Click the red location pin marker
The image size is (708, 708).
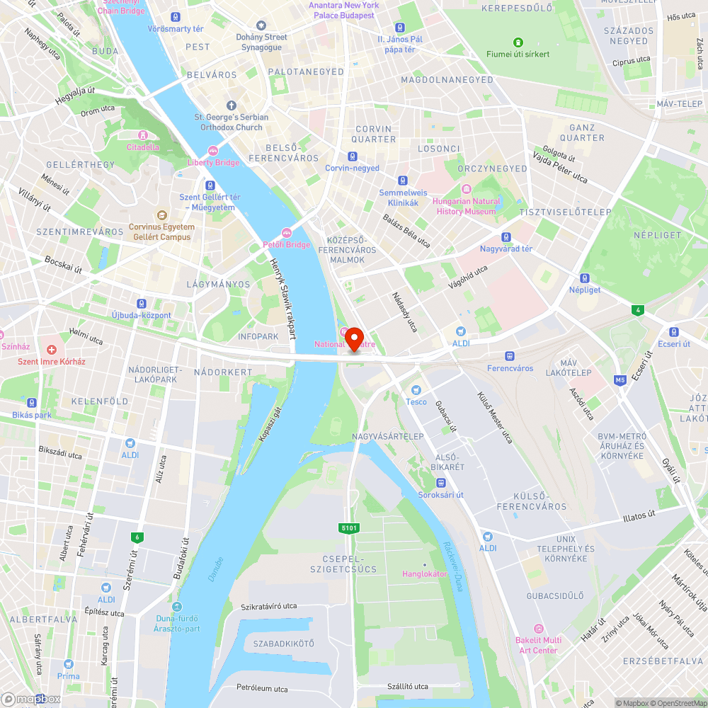(x=353, y=338)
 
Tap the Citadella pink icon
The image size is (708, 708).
(x=143, y=135)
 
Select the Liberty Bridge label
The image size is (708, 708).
(x=213, y=162)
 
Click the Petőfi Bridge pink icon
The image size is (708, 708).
(x=287, y=232)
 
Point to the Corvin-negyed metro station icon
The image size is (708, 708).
(x=353, y=156)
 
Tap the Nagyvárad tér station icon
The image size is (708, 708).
(x=506, y=237)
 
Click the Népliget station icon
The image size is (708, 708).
(x=585, y=278)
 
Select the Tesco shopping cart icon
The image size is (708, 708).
(x=416, y=390)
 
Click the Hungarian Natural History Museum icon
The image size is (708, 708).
(x=467, y=189)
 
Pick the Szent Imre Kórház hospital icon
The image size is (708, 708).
(x=51, y=350)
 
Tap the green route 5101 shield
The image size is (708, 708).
(x=349, y=528)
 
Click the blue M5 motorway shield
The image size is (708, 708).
(x=620, y=380)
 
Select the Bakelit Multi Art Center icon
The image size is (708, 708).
(x=538, y=629)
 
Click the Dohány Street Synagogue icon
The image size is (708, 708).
(x=261, y=25)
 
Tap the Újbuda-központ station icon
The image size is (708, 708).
(x=142, y=303)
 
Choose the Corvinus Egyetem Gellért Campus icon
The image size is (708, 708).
(x=161, y=215)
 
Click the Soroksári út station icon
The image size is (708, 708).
(x=440, y=483)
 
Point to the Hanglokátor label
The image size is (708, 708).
(x=425, y=573)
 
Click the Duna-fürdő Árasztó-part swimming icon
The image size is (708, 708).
(x=178, y=606)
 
